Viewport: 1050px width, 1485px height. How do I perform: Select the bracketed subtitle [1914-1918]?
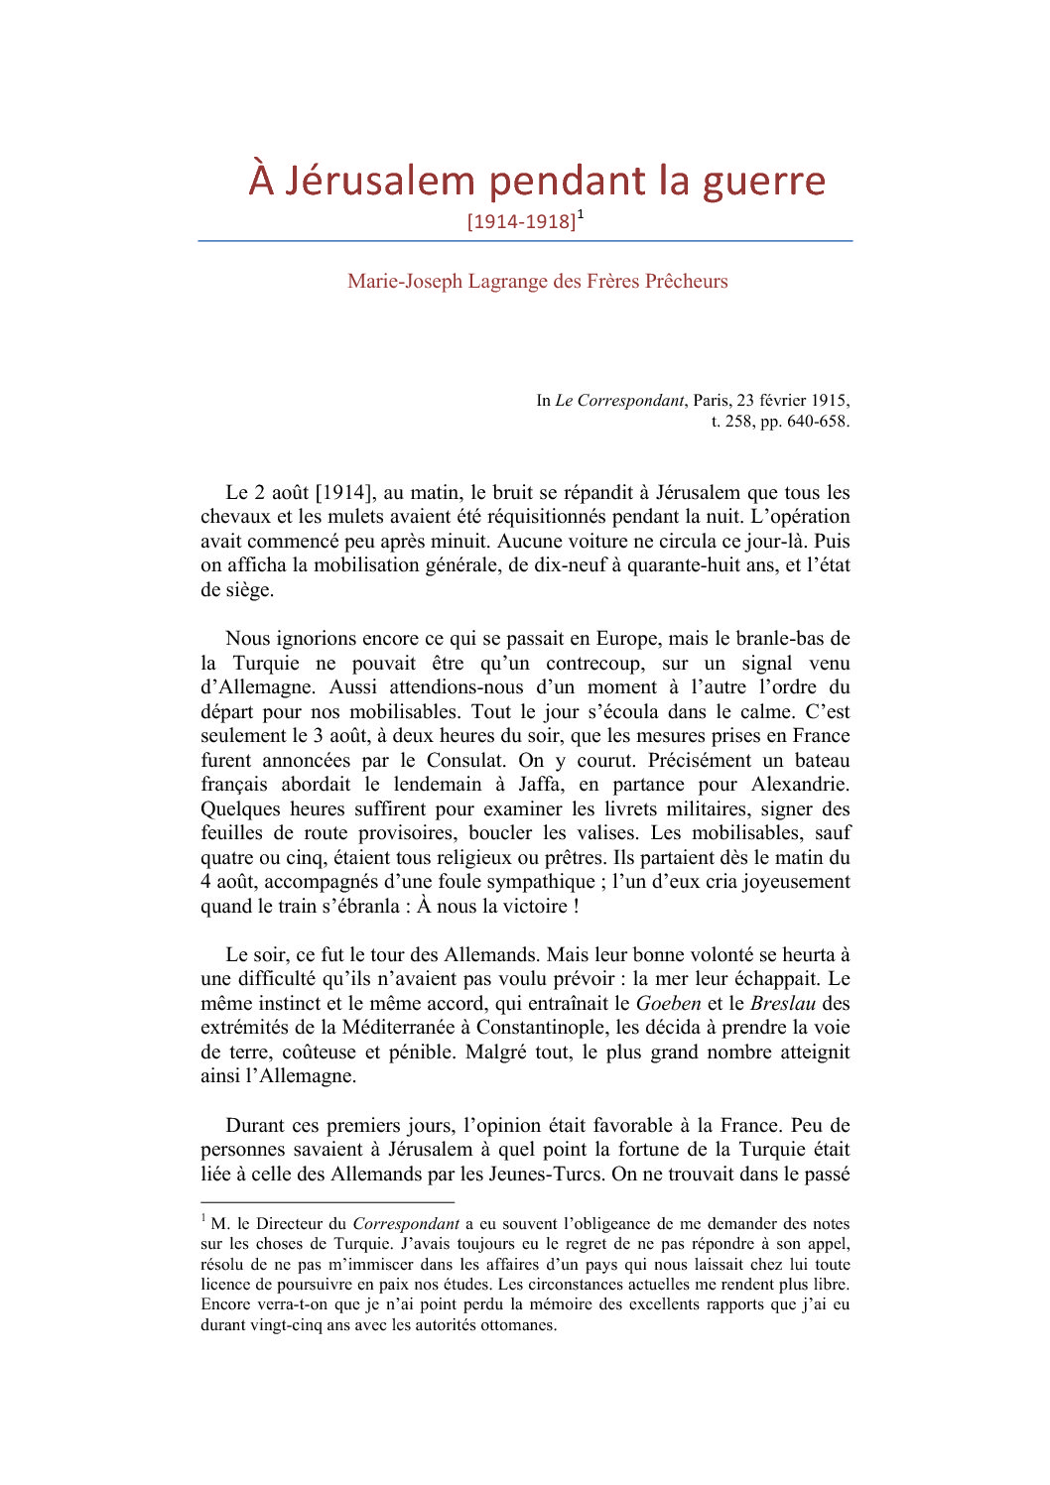point(521,221)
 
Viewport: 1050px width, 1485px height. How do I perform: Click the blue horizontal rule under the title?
point(525,241)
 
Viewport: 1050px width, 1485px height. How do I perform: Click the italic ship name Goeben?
point(668,1004)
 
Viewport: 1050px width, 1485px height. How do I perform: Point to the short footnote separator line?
point(328,1201)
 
